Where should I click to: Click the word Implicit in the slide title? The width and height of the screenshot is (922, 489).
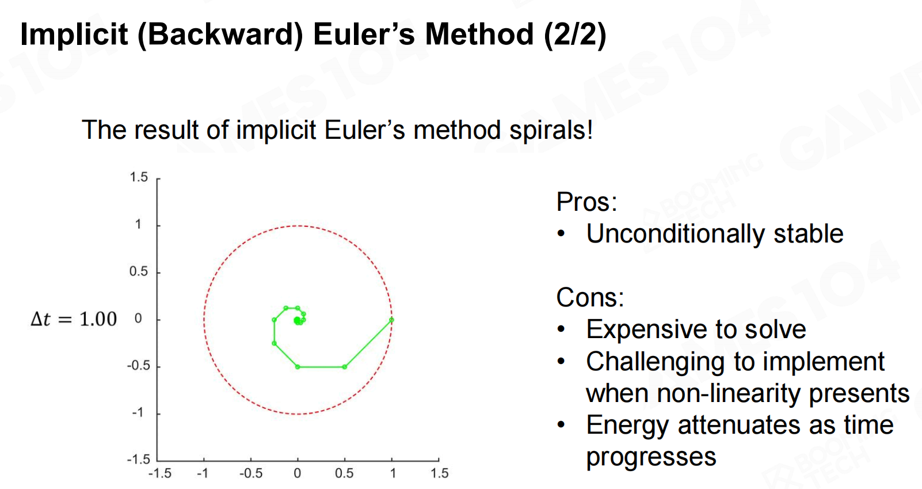pyautogui.click(x=74, y=35)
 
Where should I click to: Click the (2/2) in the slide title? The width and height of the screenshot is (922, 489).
pyautogui.click(x=575, y=35)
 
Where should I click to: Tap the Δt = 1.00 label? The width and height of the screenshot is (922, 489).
pyautogui.click(x=74, y=319)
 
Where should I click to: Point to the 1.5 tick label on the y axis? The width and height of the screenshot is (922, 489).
pyautogui.click(x=139, y=177)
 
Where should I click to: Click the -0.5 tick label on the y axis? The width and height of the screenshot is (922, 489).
pyautogui.click(x=138, y=366)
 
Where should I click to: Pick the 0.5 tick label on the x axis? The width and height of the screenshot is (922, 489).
pyautogui.click(x=344, y=473)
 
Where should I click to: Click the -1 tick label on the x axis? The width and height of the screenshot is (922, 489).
pyautogui.click(x=202, y=473)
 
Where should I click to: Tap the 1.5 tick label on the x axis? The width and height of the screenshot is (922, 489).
pyautogui.click(x=440, y=473)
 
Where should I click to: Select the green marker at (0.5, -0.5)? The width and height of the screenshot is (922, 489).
pyautogui.click(x=345, y=367)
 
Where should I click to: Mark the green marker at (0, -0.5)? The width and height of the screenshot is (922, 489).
pyautogui.click(x=298, y=367)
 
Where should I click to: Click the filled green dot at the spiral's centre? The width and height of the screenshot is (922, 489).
pyautogui.click(x=297, y=320)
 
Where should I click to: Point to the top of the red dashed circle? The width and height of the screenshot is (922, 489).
pyautogui.click(x=298, y=226)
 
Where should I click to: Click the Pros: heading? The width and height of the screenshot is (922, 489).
pyautogui.click(x=586, y=202)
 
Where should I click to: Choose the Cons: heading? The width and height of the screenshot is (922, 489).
pyautogui.click(x=590, y=297)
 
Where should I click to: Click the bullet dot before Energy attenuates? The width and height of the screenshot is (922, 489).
pyautogui.click(x=561, y=424)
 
